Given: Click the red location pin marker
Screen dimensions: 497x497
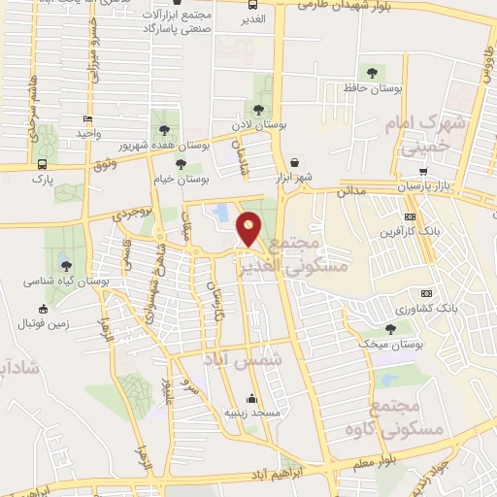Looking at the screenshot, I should (x=249, y=227).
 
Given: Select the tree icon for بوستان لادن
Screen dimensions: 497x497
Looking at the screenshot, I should (x=257, y=110).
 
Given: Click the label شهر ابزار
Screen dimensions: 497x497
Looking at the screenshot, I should (x=294, y=180).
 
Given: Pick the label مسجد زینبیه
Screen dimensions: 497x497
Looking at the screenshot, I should (x=252, y=413).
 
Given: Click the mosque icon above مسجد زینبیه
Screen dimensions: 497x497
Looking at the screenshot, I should (x=252, y=397).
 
